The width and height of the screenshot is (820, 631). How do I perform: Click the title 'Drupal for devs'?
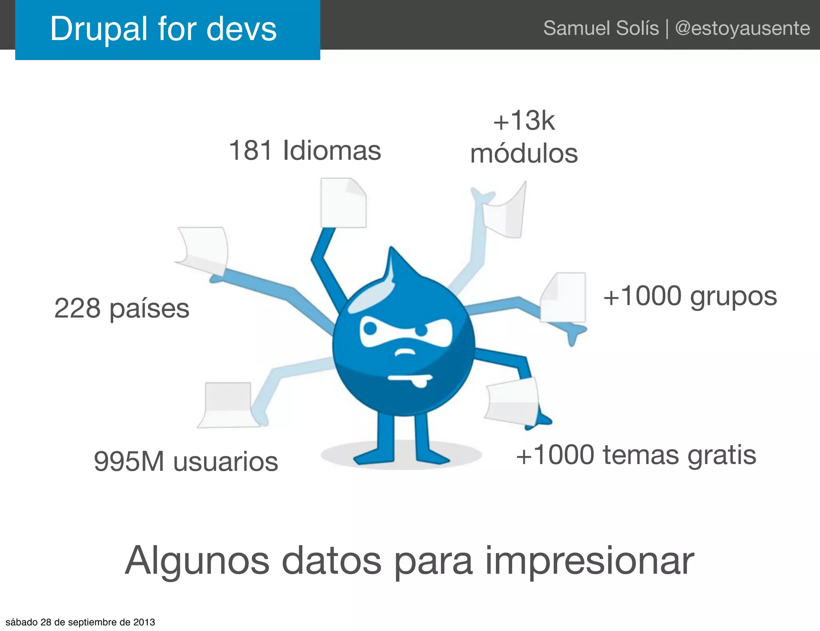(163, 29)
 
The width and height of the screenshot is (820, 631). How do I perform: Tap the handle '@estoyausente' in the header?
(742, 28)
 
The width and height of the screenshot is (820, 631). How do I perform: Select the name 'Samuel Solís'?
(601, 28)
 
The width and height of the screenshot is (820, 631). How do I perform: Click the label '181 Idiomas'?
(305, 151)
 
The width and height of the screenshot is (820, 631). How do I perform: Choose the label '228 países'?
(122, 308)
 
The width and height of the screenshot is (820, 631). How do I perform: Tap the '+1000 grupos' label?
(690, 296)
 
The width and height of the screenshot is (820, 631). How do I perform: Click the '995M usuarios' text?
(186, 461)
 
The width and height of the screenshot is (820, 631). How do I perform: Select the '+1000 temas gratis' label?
(636, 455)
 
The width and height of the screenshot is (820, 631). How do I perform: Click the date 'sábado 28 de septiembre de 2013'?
(80, 622)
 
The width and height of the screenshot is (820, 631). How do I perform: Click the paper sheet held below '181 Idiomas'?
(343, 203)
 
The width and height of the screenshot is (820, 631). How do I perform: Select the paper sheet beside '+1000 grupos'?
(564, 297)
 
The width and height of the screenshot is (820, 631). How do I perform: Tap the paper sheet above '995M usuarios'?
(227, 404)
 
